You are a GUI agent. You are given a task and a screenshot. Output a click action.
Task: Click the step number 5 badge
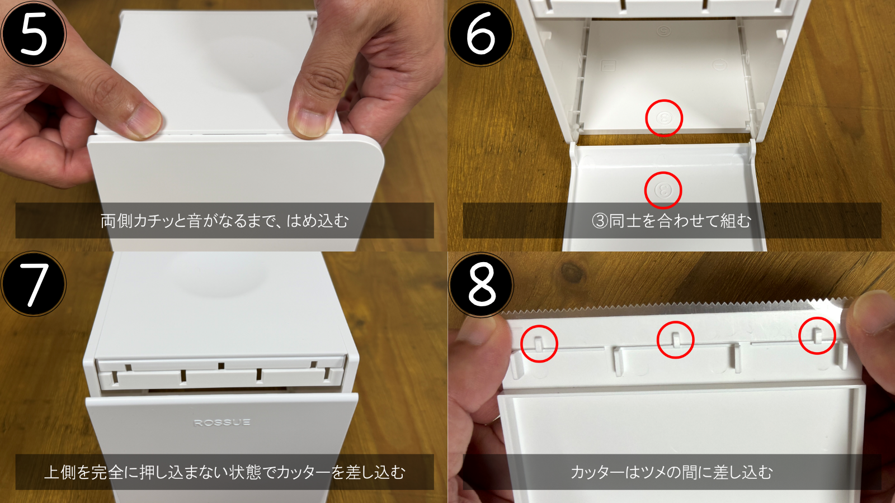pyautogui.click(x=34, y=34)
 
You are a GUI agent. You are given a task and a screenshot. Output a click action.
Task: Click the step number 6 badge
pyautogui.click(x=481, y=34)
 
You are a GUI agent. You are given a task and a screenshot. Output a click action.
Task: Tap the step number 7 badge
pyautogui.click(x=34, y=284)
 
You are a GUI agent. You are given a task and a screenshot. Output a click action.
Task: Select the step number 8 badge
pyautogui.click(x=481, y=284)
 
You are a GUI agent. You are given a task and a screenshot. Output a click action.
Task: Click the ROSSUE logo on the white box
pyautogui.click(x=222, y=423)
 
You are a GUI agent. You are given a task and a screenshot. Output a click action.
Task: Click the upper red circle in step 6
pyautogui.click(x=664, y=118)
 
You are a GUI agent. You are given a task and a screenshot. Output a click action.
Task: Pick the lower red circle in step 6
pyautogui.click(x=663, y=190)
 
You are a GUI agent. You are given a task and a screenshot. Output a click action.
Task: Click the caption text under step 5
pyautogui.click(x=224, y=221)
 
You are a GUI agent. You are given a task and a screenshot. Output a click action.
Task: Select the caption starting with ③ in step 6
pyautogui.click(x=672, y=221)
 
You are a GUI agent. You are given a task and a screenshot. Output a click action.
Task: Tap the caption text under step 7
pyautogui.click(x=224, y=472)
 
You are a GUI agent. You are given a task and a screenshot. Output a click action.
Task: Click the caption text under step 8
pyautogui.click(x=672, y=472)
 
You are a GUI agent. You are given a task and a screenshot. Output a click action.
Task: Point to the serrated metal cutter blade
pyautogui.click(x=675, y=310)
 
